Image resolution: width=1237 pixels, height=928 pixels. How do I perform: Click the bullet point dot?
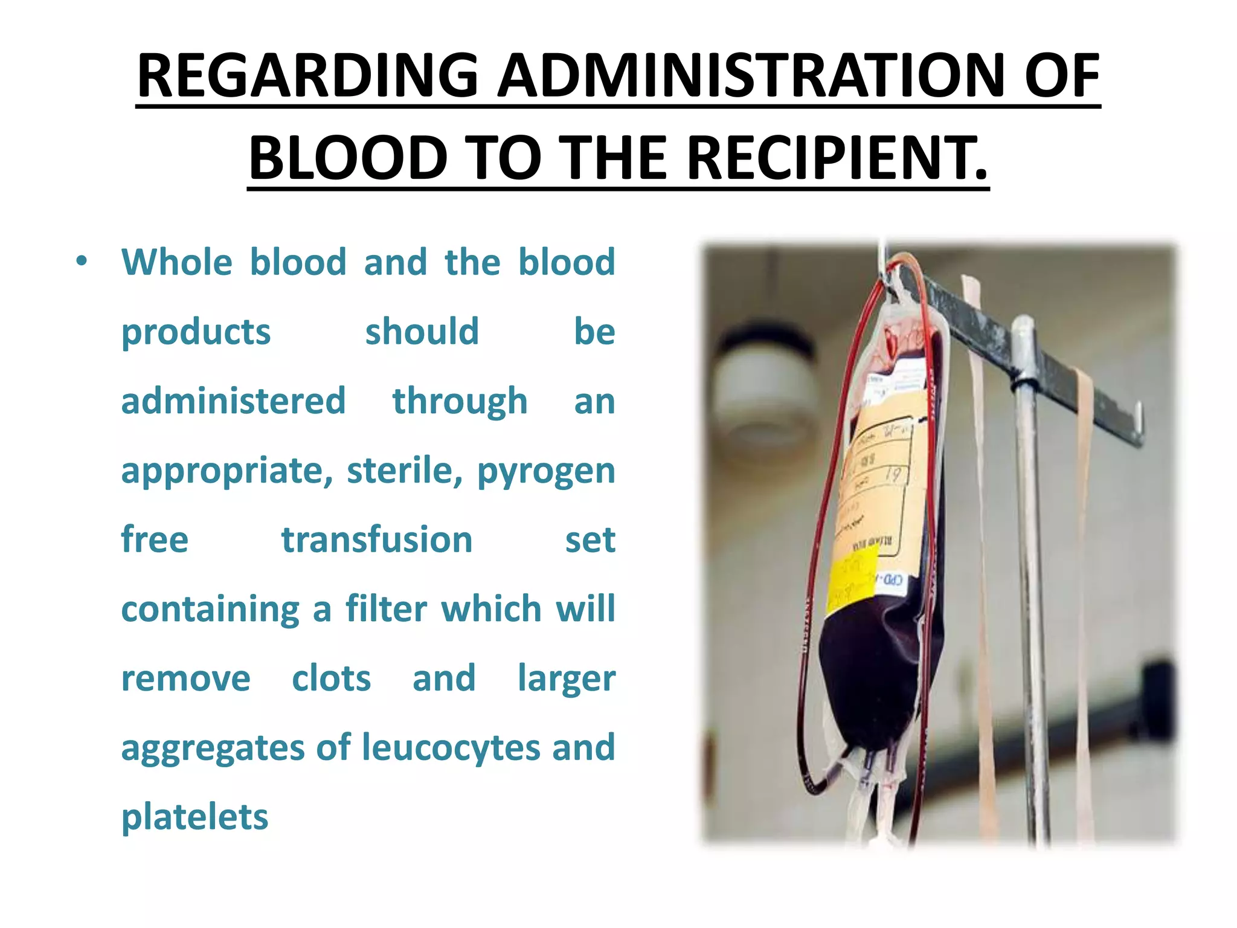pos(82,262)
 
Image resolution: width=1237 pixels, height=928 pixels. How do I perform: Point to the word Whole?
pos(176,262)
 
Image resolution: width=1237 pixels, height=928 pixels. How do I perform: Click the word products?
pos(196,332)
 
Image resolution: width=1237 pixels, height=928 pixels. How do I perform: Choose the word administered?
pos(233,401)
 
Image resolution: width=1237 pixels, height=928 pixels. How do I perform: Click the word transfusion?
pos(377,540)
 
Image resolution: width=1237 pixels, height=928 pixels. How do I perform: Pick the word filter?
pos(386,608)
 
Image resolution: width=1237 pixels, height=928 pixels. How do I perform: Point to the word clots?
pos(331,678)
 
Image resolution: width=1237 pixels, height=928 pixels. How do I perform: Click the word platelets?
pos(194,817)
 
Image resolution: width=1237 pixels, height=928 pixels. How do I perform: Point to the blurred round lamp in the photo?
pos(764,387)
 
